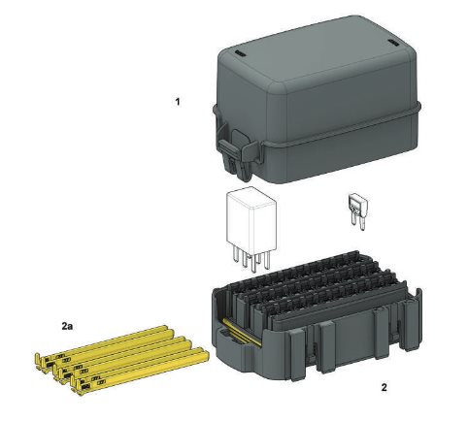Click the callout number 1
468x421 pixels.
(177, 102)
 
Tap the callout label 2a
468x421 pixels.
(67, 326)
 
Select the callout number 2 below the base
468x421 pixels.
(384, 387)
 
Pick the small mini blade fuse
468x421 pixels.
(357, 210)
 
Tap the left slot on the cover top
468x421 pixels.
(241, 53)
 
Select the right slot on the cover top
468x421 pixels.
(394, 43)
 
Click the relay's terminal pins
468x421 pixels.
(251, 260)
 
